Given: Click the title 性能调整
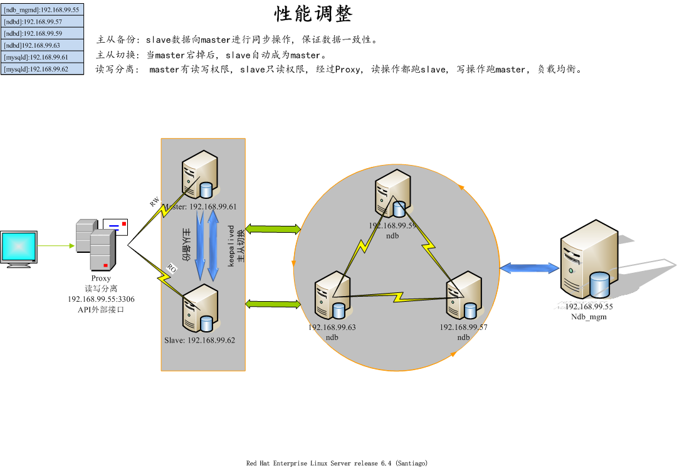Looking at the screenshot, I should (313, 14).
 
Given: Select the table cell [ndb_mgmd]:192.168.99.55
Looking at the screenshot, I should (42, 10).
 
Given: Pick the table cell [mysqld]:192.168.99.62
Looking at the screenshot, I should (42, 69).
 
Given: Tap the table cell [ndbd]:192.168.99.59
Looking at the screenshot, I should (42, 33).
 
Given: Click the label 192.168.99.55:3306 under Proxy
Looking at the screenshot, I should (101, 299).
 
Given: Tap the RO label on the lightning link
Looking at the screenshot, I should (171, 268).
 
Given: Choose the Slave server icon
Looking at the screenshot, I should (199, 308).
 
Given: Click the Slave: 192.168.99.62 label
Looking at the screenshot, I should (199, 340).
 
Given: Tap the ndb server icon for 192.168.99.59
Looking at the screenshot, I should (392, 195).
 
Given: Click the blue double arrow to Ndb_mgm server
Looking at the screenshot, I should (530, 269).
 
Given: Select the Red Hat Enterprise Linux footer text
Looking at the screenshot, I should (337, 463).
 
